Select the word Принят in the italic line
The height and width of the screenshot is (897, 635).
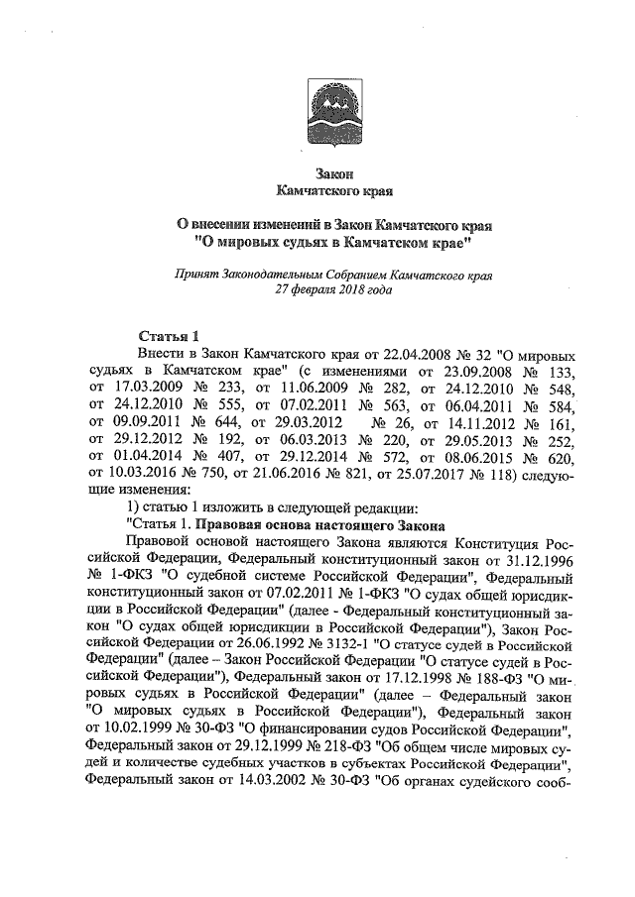coord(195,275)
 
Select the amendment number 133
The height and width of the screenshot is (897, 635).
coord(558,371)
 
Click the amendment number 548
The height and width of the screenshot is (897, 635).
coord(558,390)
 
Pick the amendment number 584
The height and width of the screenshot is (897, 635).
coord(558,407)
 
